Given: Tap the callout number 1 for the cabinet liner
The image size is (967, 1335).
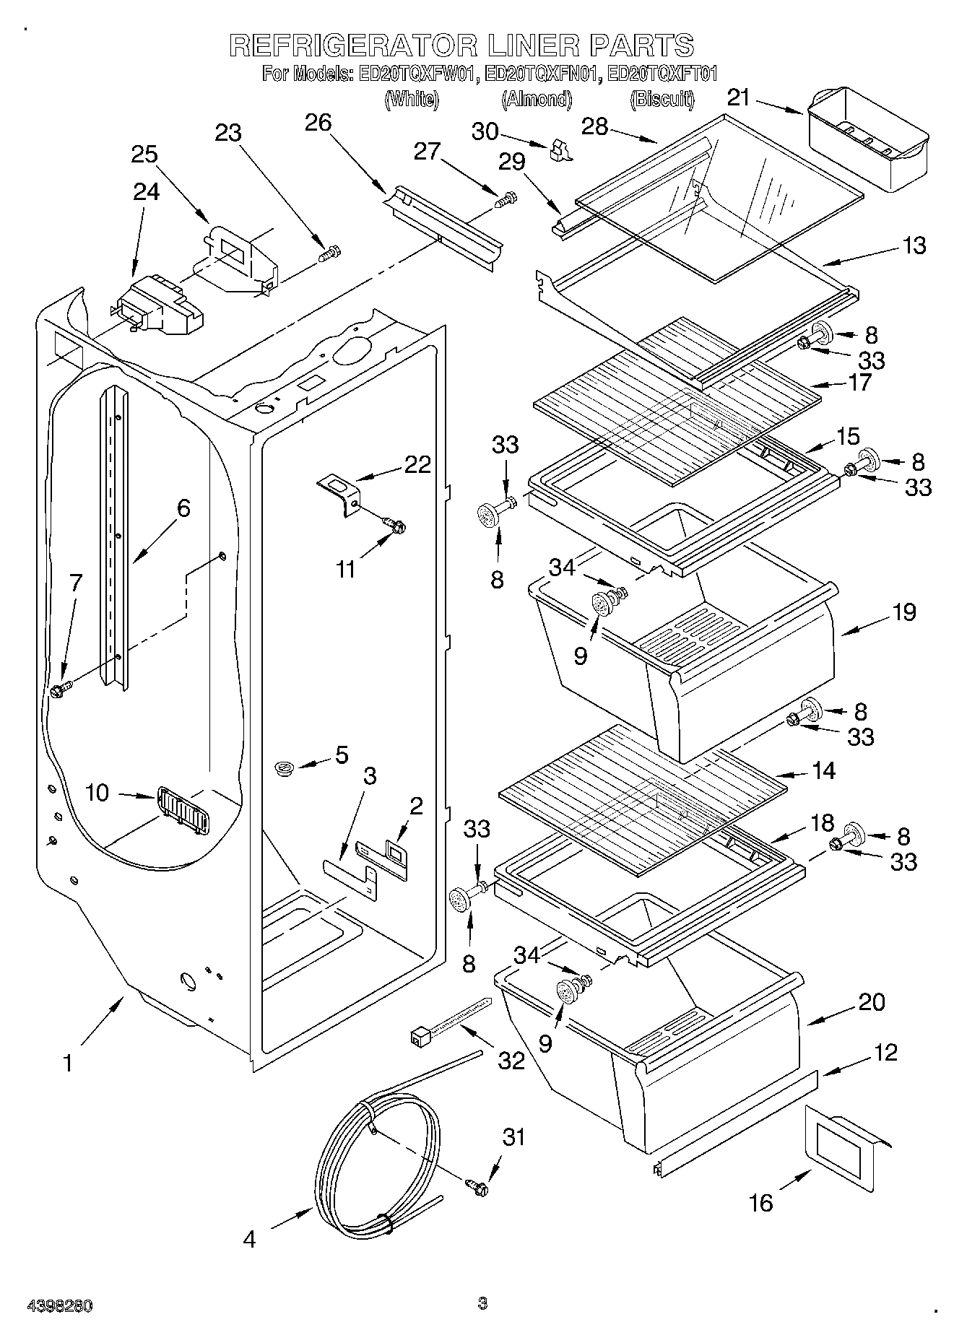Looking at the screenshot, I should click(x=67, y=1064).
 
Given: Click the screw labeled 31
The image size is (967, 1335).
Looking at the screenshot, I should click(x=477, y=1186).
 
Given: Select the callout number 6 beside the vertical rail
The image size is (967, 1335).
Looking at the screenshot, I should click(x=183, y=508).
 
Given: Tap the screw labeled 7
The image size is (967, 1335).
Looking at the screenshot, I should click(x=59, y=691).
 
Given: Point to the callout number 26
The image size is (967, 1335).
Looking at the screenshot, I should click(x=318, y=123).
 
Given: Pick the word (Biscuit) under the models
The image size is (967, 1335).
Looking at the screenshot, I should click(x=662, y=99).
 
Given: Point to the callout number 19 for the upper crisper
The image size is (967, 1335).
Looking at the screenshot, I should click(x=903, y=612).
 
